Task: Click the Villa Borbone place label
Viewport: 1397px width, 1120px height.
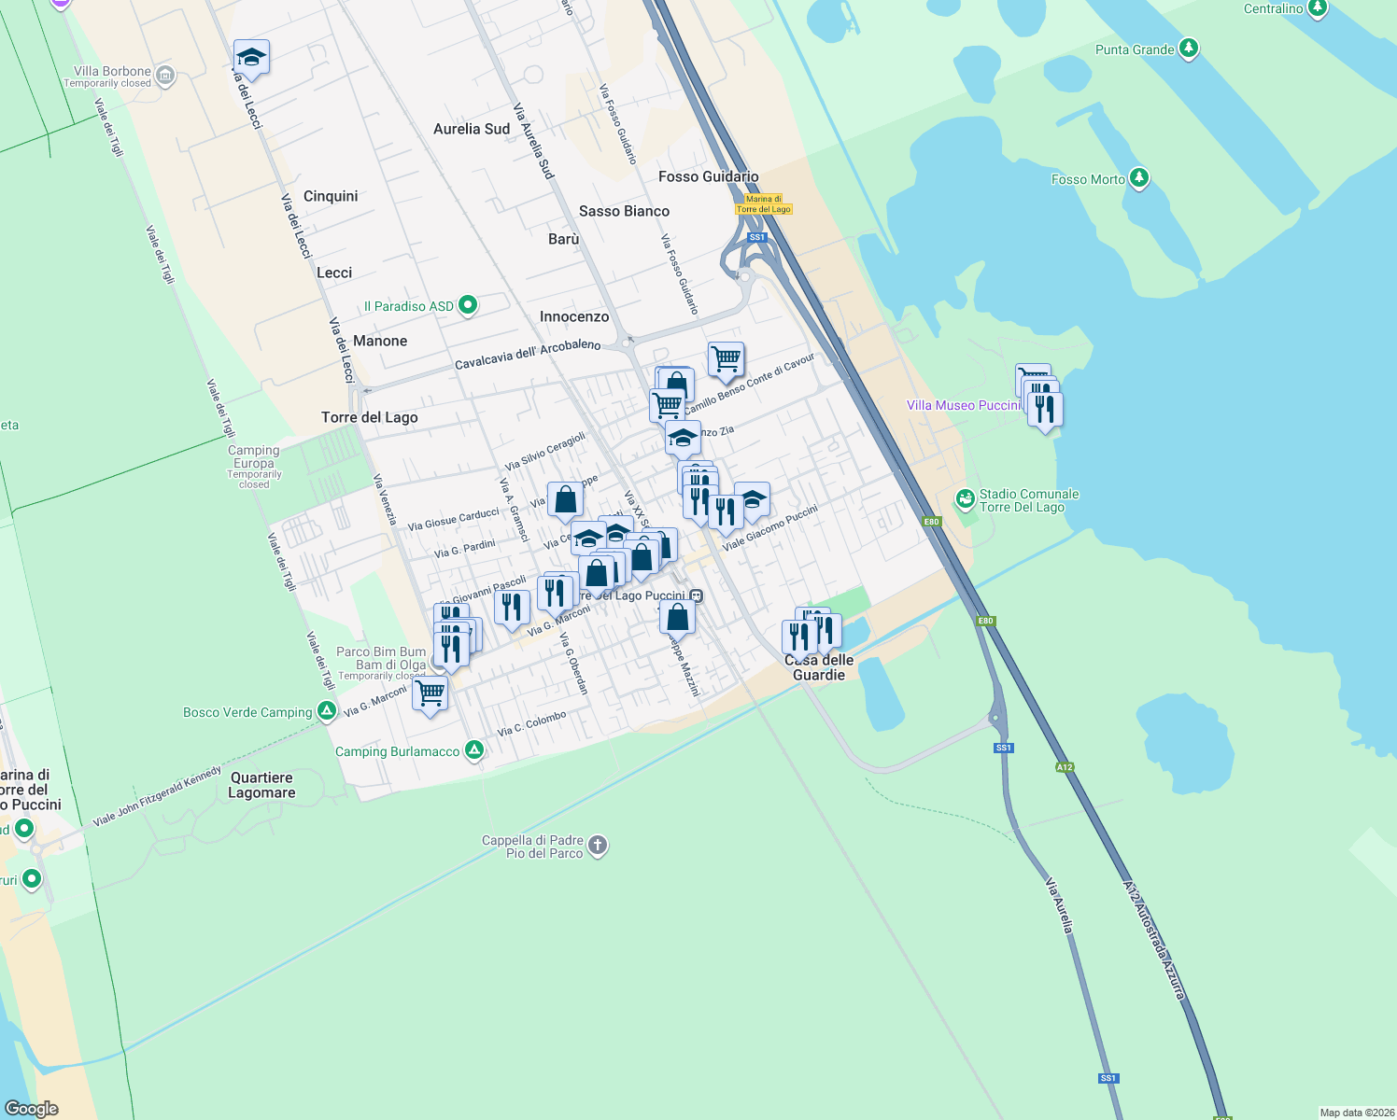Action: (x=112, y=71)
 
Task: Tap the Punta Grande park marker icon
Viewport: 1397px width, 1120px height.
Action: (x=1188, y=49)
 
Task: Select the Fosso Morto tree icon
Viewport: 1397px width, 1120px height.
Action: (x=1138, y=177)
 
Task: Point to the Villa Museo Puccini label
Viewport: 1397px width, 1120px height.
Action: (x=963, y=405)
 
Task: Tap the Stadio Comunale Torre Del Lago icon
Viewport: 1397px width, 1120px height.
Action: (x=966, y=499)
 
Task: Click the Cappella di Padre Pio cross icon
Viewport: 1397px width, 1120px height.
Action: (x=599, y=846)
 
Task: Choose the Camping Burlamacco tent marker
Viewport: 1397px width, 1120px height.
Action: (x=474, y=749)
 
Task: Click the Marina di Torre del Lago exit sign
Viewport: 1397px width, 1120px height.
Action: (x=763, y=204)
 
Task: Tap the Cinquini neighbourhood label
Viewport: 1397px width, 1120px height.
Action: (x=331, y=196)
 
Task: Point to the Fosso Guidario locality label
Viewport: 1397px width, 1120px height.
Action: (x=709, y=176)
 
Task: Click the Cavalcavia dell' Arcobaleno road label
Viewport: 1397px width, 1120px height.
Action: (x=528, y=355)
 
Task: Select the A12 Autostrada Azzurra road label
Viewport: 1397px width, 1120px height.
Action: (x=1154, y=940)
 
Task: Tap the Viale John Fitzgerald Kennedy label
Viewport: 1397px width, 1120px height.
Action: (x=157, y=796)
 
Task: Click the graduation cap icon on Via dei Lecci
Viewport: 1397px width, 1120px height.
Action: (x=251, y=58)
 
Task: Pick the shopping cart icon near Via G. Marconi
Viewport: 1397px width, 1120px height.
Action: (x=430, y=693)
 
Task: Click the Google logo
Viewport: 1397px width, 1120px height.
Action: (x=32, y=1108)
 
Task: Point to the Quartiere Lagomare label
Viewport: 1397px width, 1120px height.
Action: (x=262, y=785)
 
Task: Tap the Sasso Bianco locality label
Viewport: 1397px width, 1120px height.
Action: (x=624, y=211)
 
